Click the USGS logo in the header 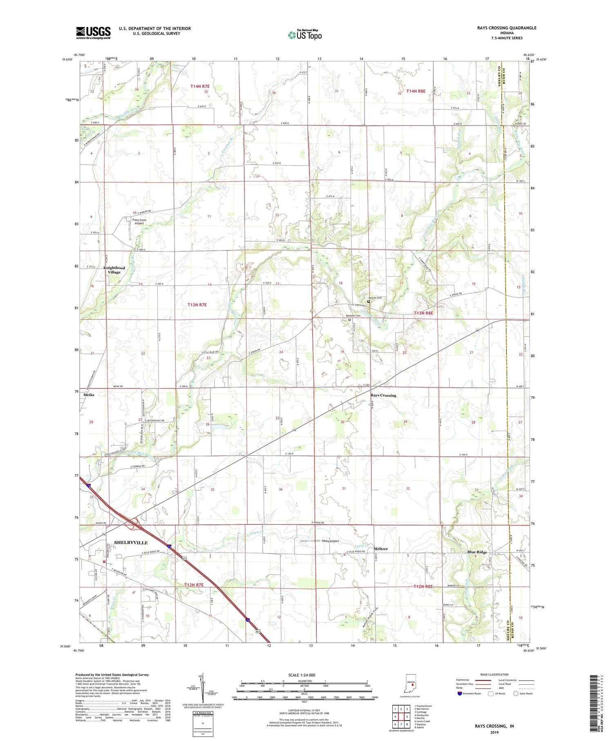[x=93, y=33]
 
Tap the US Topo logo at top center [x=304, y=35]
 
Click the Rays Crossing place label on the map [x=383, y=395]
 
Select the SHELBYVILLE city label [x=131, y=542]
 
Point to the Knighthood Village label [x=114, y=270]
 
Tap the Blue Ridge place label [x=477, y=552]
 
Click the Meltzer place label [x=380, y=548]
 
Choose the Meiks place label [x=89, y=395]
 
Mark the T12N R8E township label [x=423, y=587]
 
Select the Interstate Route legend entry [x=470, y=694]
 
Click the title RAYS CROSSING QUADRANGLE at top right [x=503, y=28]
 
